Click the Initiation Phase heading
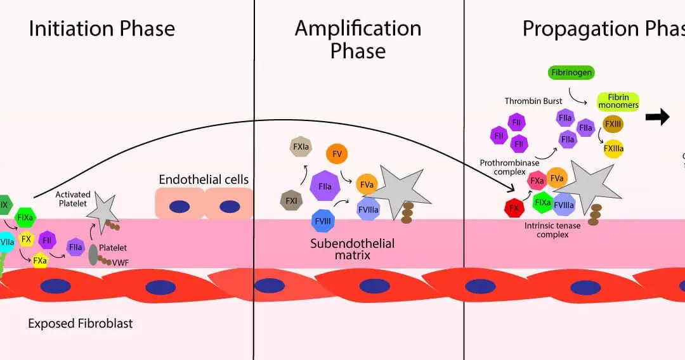[x=102, y=29]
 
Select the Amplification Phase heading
[x=358, y=39]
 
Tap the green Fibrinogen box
[x=571, y=72]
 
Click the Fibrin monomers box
[x=618, y=101]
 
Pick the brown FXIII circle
[x=613, y=124]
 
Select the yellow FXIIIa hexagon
[x=613, y=149]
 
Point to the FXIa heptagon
[x=300, y=147]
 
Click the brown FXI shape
[x=291, y=200]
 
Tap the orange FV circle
[x=337, y=154]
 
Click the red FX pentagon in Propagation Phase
[x=514, y=208]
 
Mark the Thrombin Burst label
[x=530, y=101]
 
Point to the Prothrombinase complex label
[x=506, y=167]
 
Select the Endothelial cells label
[x=204, y=179]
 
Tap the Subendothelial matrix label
[x=353, y=250]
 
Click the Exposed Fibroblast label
[x=81, y=323]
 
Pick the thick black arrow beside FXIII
[x=657, y=117]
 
